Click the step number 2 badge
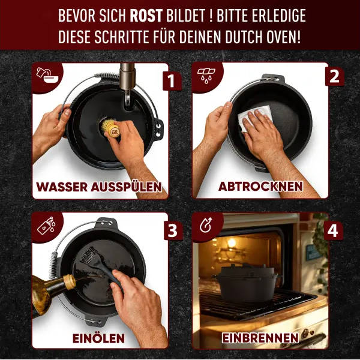334,76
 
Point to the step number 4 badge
334,229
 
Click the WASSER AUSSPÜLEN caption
99,187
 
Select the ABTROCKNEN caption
260,187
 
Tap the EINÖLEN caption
99,338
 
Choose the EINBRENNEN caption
260,338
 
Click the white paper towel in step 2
253,118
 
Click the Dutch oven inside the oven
247,281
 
